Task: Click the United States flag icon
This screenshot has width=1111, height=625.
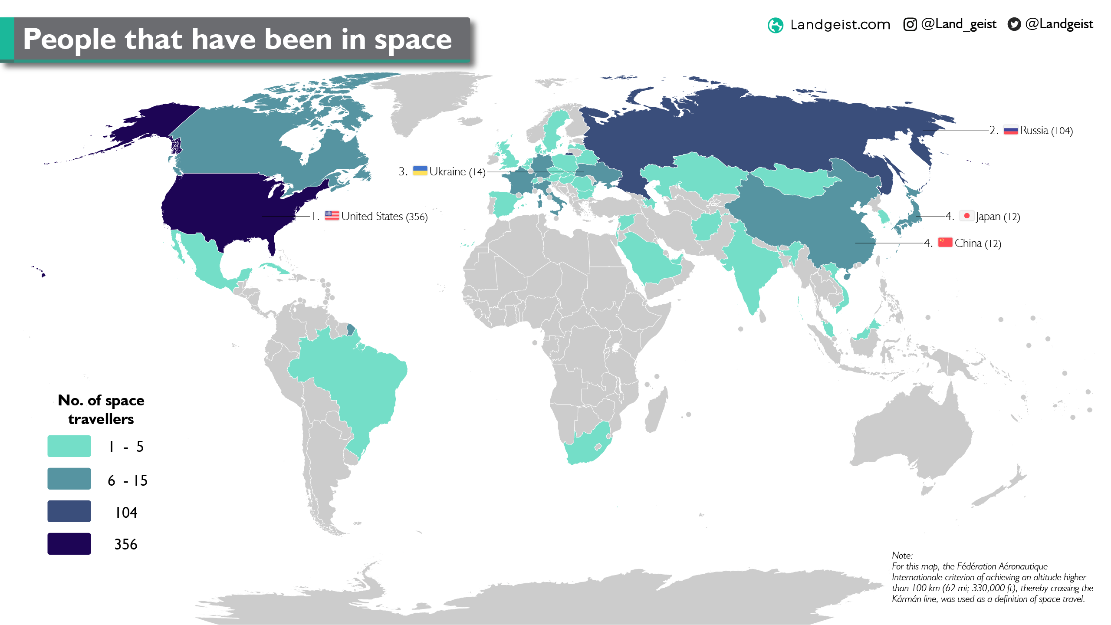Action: pos(332,216)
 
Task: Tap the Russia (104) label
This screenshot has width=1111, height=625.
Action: pos(1046,131)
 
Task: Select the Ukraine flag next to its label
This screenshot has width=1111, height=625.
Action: pos(420,171)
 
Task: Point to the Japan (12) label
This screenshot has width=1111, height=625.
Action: pos(998,217)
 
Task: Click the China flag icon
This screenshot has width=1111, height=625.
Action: pos(945,242)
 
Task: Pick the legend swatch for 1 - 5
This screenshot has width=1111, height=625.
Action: pos(69,446)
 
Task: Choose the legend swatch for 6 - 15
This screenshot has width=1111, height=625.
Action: pos(69,479)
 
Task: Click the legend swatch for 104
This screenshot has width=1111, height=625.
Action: pos(69,511)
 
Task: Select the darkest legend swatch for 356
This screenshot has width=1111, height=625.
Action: pos(69,544)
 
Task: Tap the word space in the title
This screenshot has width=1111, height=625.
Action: pos(413,40)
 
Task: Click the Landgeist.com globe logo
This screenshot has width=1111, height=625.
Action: pos(776,25)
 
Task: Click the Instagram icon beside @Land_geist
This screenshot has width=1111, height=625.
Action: pos(910,24)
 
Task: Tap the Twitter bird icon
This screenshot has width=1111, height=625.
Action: pos(1014,24)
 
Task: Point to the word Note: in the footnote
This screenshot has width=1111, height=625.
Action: pos(902,556)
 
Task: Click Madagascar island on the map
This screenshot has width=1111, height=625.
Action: pos(656,410)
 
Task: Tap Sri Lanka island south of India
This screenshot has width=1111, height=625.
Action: pos(762,317)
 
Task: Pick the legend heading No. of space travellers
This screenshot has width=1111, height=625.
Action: pos(101,409)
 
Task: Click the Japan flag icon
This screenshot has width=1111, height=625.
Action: pos(966,216)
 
